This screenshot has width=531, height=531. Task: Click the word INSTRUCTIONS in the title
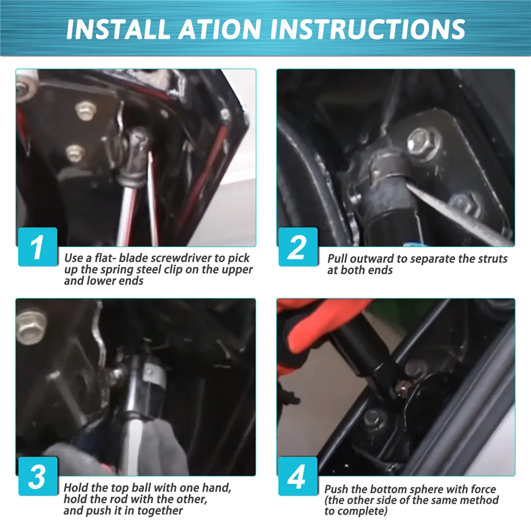(368, 29)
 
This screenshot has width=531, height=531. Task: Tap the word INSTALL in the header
(118, 29)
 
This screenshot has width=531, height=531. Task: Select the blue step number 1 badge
(38, 247)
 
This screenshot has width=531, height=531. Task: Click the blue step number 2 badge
(298, 247)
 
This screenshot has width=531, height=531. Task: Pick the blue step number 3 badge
(38, 476)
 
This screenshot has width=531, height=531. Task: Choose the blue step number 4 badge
(298, 476)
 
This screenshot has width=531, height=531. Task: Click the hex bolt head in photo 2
(424, 142)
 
